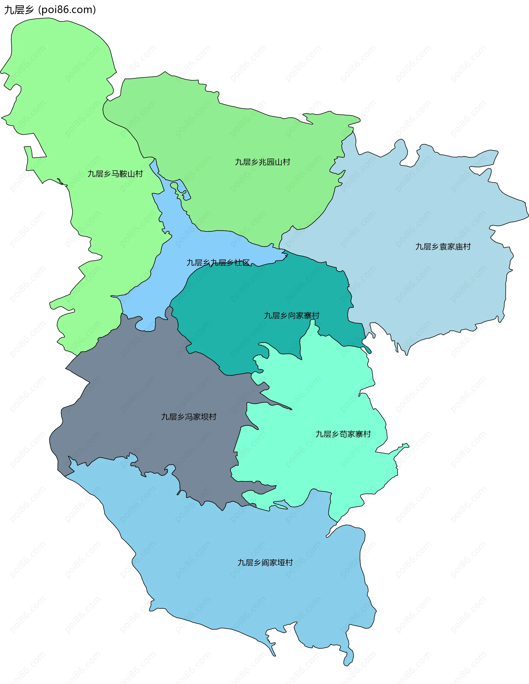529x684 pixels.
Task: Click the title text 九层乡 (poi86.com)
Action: [50, 10]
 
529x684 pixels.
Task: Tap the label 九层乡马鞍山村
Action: [115, 174]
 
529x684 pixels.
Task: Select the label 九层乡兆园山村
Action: [263, 162]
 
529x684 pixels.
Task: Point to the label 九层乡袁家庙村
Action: [443, 247]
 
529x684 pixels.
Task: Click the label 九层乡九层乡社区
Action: [218, 263]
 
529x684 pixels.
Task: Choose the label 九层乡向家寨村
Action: [292, 315]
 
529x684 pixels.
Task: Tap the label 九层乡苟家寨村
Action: [343, 434]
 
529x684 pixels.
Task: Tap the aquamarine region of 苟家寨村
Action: [313, 464]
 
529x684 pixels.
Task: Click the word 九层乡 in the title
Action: [19, 10]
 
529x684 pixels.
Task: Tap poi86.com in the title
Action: [67, 10]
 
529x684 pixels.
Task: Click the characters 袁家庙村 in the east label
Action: [455, 247]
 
